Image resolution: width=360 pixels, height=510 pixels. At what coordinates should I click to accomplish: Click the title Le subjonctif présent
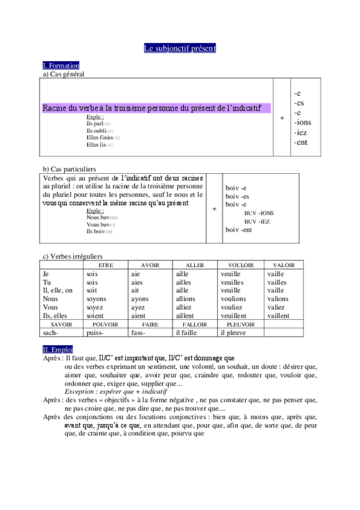pos(180,48)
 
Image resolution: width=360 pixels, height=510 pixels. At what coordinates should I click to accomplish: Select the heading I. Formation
pos(61,65)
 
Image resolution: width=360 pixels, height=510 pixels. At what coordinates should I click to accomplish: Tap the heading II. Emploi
pos(58,349)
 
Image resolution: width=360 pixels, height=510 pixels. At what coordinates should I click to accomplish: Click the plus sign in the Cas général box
pos(282,118)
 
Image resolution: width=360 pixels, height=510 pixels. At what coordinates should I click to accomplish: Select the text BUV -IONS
pos(259,213)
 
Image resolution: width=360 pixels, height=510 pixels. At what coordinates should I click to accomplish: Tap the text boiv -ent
pos(239,230)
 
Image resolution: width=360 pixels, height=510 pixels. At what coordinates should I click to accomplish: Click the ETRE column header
pos(105,265)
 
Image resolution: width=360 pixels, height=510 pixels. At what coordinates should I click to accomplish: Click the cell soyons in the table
pos(97,299)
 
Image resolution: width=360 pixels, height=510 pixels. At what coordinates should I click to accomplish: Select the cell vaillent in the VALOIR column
pos(278,316)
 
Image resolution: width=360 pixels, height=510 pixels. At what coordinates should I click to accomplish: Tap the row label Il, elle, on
pos(58,290)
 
